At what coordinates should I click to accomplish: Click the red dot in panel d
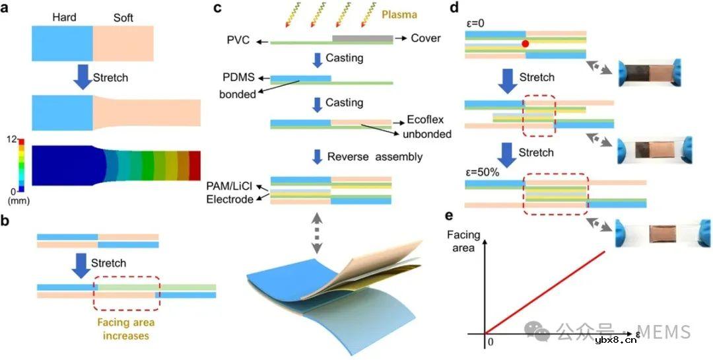point(526,44)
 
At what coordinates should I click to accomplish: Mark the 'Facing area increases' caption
point(127,330)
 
